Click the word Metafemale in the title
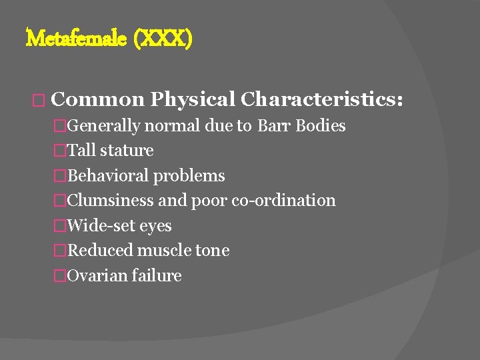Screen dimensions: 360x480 coord(76,39)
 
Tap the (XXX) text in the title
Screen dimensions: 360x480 coord(163,39)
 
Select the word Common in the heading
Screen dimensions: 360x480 coord(97,99)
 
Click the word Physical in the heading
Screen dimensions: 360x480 coord(193,99)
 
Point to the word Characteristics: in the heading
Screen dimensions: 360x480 coord(322,99)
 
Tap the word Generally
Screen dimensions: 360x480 coord(104,126)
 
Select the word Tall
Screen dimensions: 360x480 coord(81,151)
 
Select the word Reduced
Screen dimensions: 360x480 coord(99,251)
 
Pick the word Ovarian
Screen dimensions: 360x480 coord(97,276)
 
